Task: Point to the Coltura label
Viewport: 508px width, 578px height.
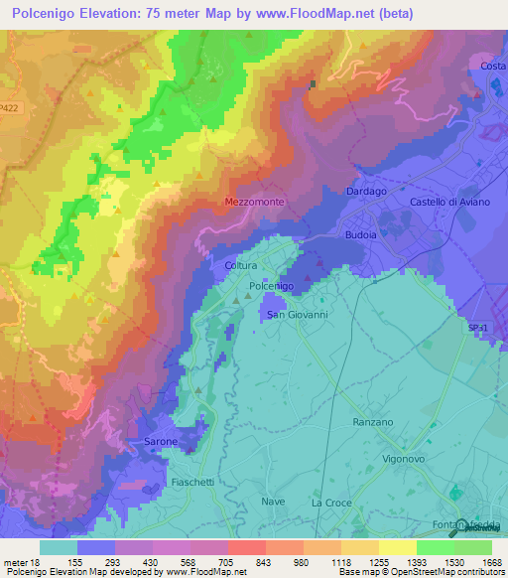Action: tap(241, 266)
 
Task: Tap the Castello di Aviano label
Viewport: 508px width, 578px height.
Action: tap(445, 202)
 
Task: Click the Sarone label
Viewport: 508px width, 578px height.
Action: tap(161, 441)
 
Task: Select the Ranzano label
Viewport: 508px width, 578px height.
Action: tap(373, 422)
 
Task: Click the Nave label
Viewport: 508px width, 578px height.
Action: tap(273, 502)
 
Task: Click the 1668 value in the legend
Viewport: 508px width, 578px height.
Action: tap(478, 562)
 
